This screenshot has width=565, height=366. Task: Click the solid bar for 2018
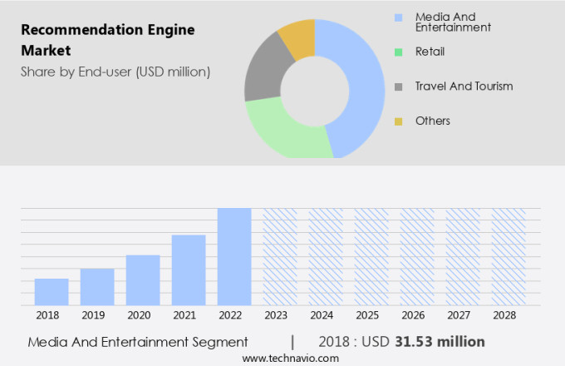pos(52,292)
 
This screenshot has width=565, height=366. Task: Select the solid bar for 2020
pos(143,280)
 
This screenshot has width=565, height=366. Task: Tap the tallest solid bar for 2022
pos(234,256)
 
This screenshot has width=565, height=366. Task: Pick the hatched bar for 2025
pos(371,256)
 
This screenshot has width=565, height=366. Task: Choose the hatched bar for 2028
pos(508,256)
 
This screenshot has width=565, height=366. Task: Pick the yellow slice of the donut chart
pos(297,37)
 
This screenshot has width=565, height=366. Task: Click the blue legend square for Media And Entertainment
pos(399,17)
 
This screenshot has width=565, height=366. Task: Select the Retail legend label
pos(430,52)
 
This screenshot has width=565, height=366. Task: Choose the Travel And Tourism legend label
pos(464,86)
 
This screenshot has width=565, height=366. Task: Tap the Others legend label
pos(432,121)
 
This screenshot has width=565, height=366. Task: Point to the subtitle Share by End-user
pos(115,72)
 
